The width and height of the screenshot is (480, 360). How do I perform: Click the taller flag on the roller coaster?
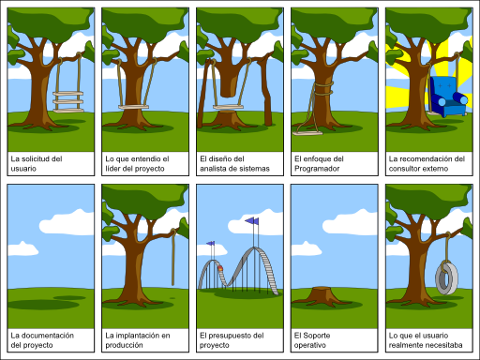coord(251,221)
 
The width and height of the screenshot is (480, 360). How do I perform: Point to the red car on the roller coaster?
coord(220,271)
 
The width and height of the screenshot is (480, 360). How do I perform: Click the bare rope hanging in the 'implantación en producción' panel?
coord(173,259)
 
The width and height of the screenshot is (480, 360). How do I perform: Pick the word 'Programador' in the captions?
coord(318,169)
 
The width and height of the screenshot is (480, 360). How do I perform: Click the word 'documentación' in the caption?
coord(55,335)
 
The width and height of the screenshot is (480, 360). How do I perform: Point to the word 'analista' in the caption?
coord(214,169)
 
